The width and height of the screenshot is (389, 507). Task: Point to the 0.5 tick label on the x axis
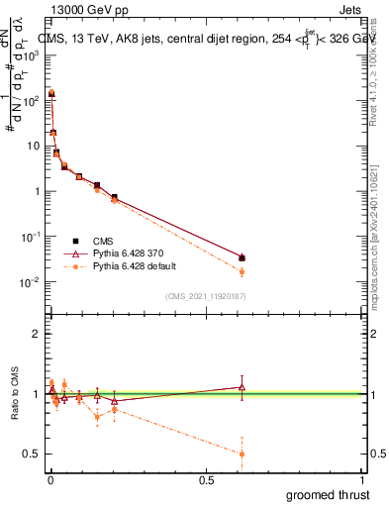pyautogui.click(x=206, y=480)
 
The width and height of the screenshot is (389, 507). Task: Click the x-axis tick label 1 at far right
pyautogui.click(x=363, y=480)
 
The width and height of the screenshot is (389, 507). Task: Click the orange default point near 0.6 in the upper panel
pyautogui.click(x=243, y=271)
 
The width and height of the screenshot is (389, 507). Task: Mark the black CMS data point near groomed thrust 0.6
pyautogui.click(x=243, y=258)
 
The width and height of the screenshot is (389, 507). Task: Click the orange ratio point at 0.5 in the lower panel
pyautogui.click(x=243, y=454)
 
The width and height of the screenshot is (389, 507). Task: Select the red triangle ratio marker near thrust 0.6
pyautogui.click(x=243, y=387)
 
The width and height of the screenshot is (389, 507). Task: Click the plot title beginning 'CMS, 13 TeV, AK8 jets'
pyautogui.click(x=198, y=39)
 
